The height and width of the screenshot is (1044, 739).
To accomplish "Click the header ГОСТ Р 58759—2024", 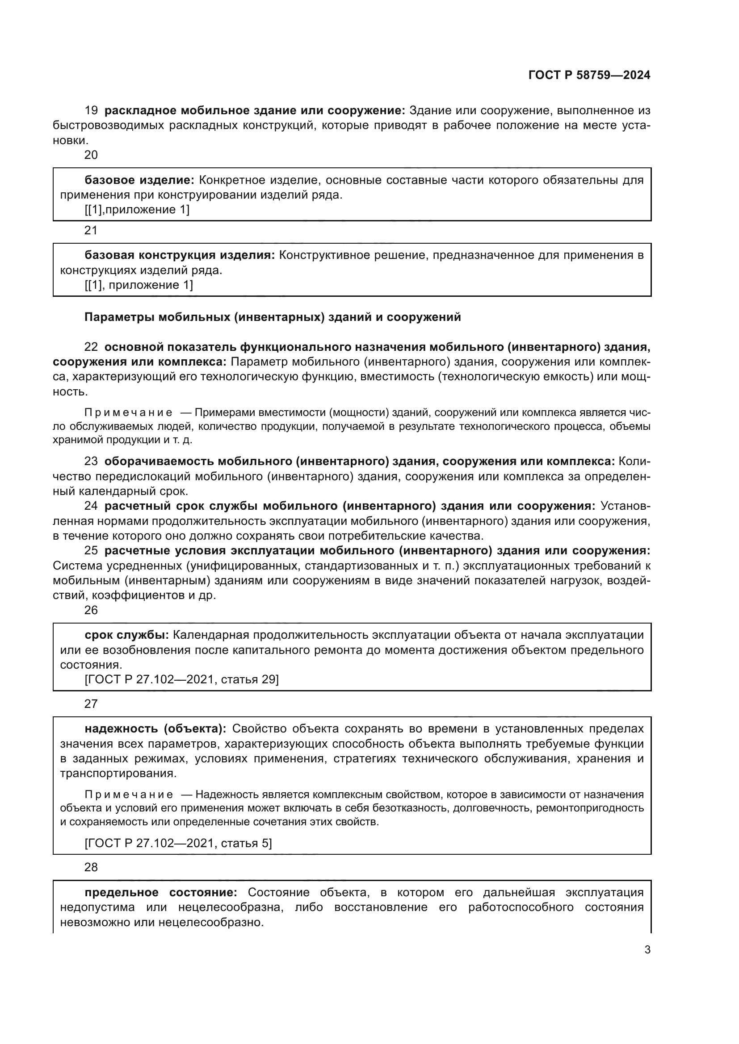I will click(589, 75).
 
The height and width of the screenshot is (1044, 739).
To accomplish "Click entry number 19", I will click(91, 111).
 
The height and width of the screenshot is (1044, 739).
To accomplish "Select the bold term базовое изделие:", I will click(139, 180).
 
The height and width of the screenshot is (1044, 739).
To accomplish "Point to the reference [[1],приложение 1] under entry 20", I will click(137, 210).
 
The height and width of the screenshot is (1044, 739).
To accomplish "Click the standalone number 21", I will click(91, 230).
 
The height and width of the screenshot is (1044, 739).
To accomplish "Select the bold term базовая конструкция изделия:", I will click(180, 256).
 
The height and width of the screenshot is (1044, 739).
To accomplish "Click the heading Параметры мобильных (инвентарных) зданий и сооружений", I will click(273, 317).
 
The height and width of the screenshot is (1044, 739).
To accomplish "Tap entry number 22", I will click(91, 347).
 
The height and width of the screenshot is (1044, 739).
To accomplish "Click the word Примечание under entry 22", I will click(129, 413).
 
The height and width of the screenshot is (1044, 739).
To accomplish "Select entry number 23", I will click(91, 462).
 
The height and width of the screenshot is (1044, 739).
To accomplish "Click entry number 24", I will click(91, 506).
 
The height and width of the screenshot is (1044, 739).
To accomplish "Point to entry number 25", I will click(91, 551).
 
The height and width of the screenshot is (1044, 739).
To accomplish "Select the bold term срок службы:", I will click(126, 635).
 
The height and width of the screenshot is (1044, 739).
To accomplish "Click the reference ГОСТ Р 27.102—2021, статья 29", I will click(181, 679).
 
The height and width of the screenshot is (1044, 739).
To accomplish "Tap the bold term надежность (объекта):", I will click(155, 729).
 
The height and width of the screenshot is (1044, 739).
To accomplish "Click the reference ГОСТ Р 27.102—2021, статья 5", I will click(178, 844).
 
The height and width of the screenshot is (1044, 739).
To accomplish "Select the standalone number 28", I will click(91, 868).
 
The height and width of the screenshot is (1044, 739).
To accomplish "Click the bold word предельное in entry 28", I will click(122, 893).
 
